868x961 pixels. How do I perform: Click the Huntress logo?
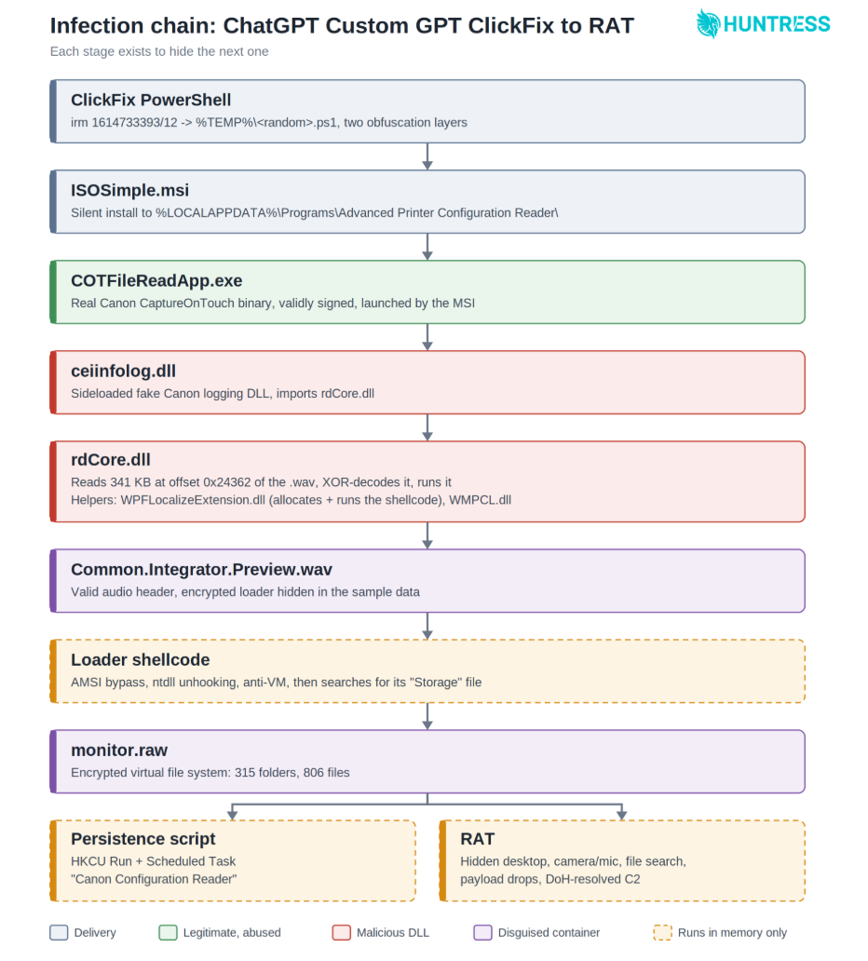763,24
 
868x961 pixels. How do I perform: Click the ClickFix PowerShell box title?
151,100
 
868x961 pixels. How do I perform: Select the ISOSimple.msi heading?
130,191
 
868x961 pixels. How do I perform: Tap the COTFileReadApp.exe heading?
156,280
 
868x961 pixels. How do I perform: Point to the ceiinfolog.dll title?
123,371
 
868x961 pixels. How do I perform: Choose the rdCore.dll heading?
110,460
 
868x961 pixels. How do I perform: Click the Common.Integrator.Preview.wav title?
201,569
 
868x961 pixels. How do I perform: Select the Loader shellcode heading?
141,659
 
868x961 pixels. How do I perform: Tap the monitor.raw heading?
119,751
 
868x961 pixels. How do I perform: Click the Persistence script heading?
142,839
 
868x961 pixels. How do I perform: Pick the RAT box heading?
478,839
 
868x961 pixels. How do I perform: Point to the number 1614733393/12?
134,123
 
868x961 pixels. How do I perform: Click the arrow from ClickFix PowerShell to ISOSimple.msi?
427,156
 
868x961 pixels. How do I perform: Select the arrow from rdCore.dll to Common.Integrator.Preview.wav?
427,535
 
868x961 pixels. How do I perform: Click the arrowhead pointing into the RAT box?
621,815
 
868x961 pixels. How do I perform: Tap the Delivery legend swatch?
59,933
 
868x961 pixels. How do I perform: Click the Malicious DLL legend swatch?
342,933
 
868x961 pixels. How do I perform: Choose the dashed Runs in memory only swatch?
663,933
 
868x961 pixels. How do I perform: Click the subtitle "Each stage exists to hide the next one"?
159,51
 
